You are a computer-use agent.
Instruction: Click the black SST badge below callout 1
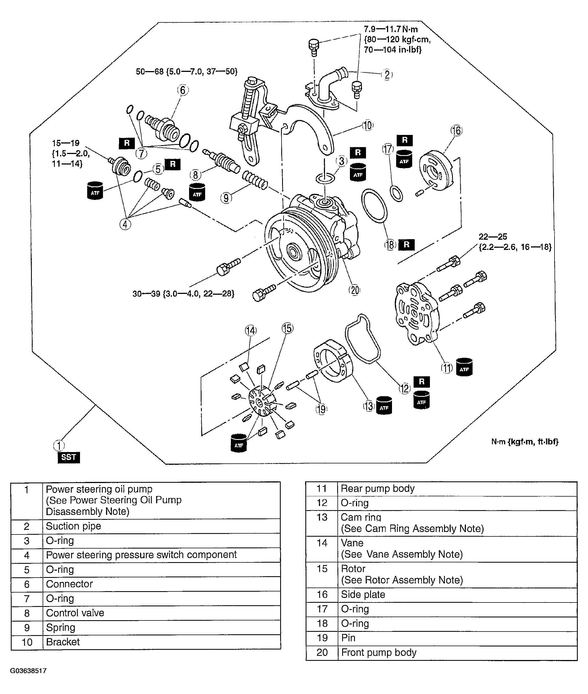click(x=69, y=457)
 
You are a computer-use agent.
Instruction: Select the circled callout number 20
click(x=354, y=290)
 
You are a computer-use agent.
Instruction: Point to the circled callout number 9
click(x=226, y=198)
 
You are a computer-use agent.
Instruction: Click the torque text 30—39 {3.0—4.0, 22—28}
click(x=183, y=294)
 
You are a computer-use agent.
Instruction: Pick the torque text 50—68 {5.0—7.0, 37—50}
click(x=186, y=71)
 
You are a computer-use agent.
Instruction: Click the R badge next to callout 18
click(x=406, y=245)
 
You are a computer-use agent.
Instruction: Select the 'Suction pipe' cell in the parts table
click(x=73, y=526)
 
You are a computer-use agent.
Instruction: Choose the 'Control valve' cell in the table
click(x=75, y=613)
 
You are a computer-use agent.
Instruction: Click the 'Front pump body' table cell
click(x=379, y=653)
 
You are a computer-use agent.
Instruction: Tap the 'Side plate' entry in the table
click(x=363, y=594)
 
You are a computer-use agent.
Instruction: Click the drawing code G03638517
click(x=28, y=671)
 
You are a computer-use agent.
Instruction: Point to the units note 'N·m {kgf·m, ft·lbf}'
click(x=525, y=442)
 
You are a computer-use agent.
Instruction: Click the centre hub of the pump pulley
click(x=294, y=253)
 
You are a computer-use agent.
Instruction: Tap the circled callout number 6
click(x=183, y=90)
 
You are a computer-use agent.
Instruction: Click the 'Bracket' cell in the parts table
click(x=63, y=642)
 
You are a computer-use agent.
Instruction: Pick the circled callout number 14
click(x=251, y=330)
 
